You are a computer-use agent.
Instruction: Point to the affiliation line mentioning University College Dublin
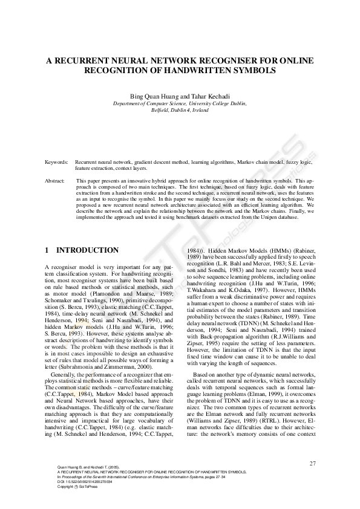tap(179, 104)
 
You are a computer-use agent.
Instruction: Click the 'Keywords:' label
tap(56, 163)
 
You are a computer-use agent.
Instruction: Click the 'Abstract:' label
tap(55, 181)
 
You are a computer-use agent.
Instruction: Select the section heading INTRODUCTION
tap(87, 250)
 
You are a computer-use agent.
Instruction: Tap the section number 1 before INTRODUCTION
tap(48, 250)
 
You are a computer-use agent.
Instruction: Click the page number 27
tap(312, 463)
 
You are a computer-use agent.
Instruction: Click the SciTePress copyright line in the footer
tap(79, 486)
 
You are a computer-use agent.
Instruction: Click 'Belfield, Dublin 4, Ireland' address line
tap(179, 111)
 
